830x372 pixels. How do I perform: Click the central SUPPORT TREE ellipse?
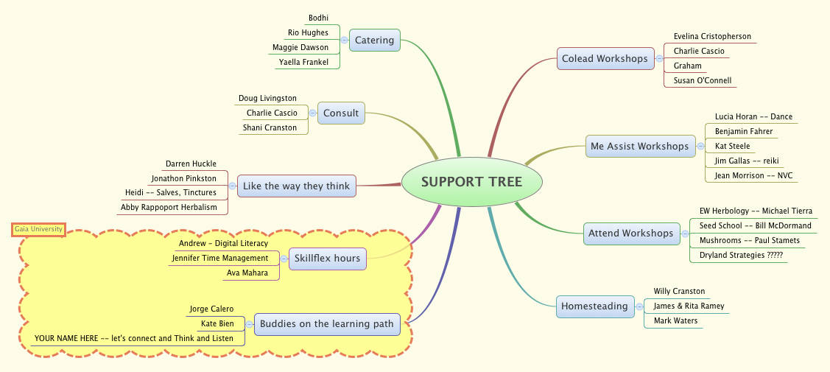point(471,181)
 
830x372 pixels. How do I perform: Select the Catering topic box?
point(374,40)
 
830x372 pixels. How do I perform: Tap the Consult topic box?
point(341,113)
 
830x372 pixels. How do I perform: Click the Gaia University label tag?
point(39,230)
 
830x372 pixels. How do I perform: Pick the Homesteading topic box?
point(594,306)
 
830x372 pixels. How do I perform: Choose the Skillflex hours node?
point(327,258)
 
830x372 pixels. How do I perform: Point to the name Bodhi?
point(318,18)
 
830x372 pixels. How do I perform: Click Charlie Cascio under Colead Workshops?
point(698,51)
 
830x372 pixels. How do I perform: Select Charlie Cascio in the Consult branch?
point(272,113)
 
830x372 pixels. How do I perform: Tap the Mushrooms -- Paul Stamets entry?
point(749,240)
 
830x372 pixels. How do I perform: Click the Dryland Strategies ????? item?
point(740,255)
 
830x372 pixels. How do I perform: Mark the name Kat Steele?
point(732,146)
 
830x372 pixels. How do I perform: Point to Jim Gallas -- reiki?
point(747,161)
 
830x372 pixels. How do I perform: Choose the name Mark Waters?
point(675,320)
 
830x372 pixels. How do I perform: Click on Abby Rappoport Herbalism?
point(169,207)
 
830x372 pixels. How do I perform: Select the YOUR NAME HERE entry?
point(133,338)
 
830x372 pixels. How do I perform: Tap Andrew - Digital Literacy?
point(223,243)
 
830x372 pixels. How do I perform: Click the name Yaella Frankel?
point(303,62)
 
